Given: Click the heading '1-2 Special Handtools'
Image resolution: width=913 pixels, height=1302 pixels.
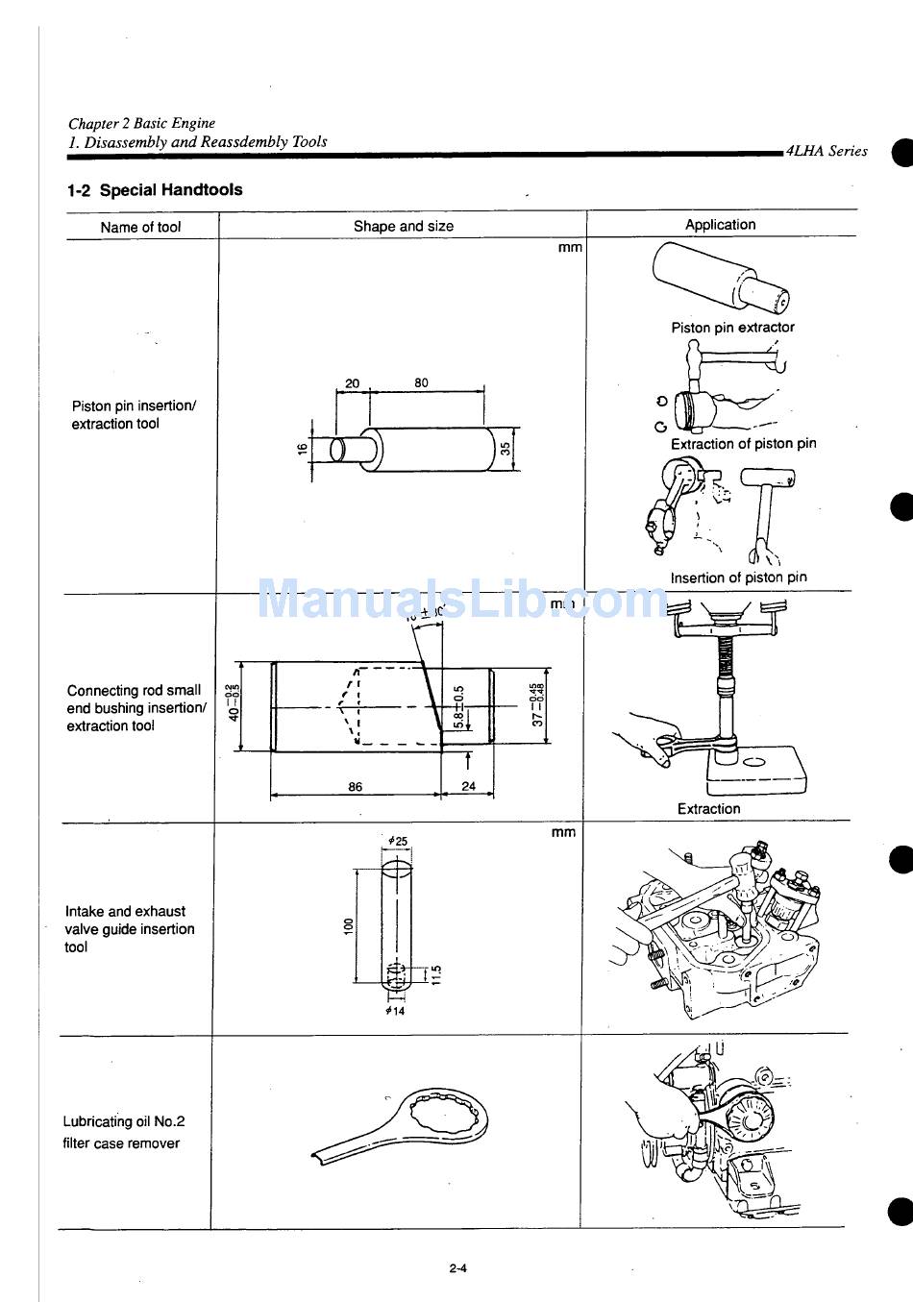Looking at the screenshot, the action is [155, 190].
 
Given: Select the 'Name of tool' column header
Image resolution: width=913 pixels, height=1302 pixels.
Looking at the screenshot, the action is [140, 228].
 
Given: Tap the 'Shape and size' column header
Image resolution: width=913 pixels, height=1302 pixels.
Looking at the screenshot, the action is [403, 227].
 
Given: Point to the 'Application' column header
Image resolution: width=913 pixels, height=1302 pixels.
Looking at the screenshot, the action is [720, 225].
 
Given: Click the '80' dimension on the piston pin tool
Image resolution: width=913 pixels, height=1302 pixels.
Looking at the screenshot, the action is [422, 383].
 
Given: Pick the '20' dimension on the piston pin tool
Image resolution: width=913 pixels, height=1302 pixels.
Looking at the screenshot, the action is [352, 383].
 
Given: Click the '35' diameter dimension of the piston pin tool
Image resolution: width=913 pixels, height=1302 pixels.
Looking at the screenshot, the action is [505, 449].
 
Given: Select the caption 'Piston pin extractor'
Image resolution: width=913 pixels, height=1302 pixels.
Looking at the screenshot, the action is [732, 328].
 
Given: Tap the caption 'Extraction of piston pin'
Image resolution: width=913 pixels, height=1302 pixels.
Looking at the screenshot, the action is [743, 444].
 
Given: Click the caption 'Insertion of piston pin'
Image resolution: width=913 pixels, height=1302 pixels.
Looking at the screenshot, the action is [738, 577].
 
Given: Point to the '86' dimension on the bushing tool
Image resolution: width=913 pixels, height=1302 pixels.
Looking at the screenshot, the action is [356, 787].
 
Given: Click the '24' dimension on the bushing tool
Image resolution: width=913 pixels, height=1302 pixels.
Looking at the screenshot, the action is [468, 786].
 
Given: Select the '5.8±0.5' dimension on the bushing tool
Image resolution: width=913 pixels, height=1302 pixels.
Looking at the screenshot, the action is [459, 707].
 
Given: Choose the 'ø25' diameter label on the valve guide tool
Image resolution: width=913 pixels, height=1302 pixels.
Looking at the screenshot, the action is [397, 841].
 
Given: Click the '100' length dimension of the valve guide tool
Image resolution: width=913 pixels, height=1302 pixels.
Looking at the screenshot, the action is [349, 925].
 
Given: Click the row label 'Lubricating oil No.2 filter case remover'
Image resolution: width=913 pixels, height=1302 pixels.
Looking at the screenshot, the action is [123, 1132].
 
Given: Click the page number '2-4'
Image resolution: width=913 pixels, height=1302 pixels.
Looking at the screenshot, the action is [457, 1267].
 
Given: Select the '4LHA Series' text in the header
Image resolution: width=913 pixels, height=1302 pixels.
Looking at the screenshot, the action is [827, 151].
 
